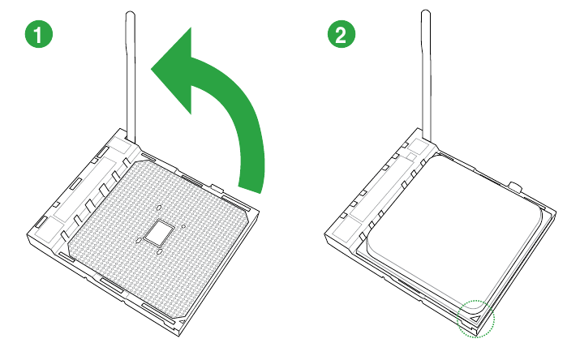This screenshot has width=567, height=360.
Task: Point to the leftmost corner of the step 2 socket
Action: click(x=325, y=237)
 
